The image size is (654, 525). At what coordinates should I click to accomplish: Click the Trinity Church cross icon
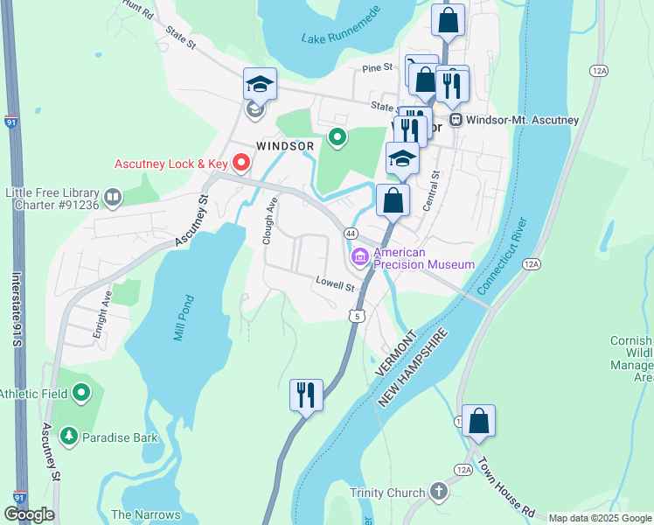pos(437,493)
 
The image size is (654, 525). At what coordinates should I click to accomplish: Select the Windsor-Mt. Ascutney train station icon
pos(455,120)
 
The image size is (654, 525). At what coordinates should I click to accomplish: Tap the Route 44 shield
pos(350,234)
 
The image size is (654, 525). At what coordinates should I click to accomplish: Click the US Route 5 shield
pos(357,316)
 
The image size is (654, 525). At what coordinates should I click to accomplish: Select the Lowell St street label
pos(335,285)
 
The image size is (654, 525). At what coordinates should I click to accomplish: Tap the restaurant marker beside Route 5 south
pos(306,395)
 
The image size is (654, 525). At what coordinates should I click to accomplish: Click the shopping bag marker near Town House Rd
pos(478,420)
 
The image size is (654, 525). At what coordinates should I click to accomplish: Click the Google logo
pos(29,514)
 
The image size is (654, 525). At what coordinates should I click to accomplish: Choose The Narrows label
pos(146,514)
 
